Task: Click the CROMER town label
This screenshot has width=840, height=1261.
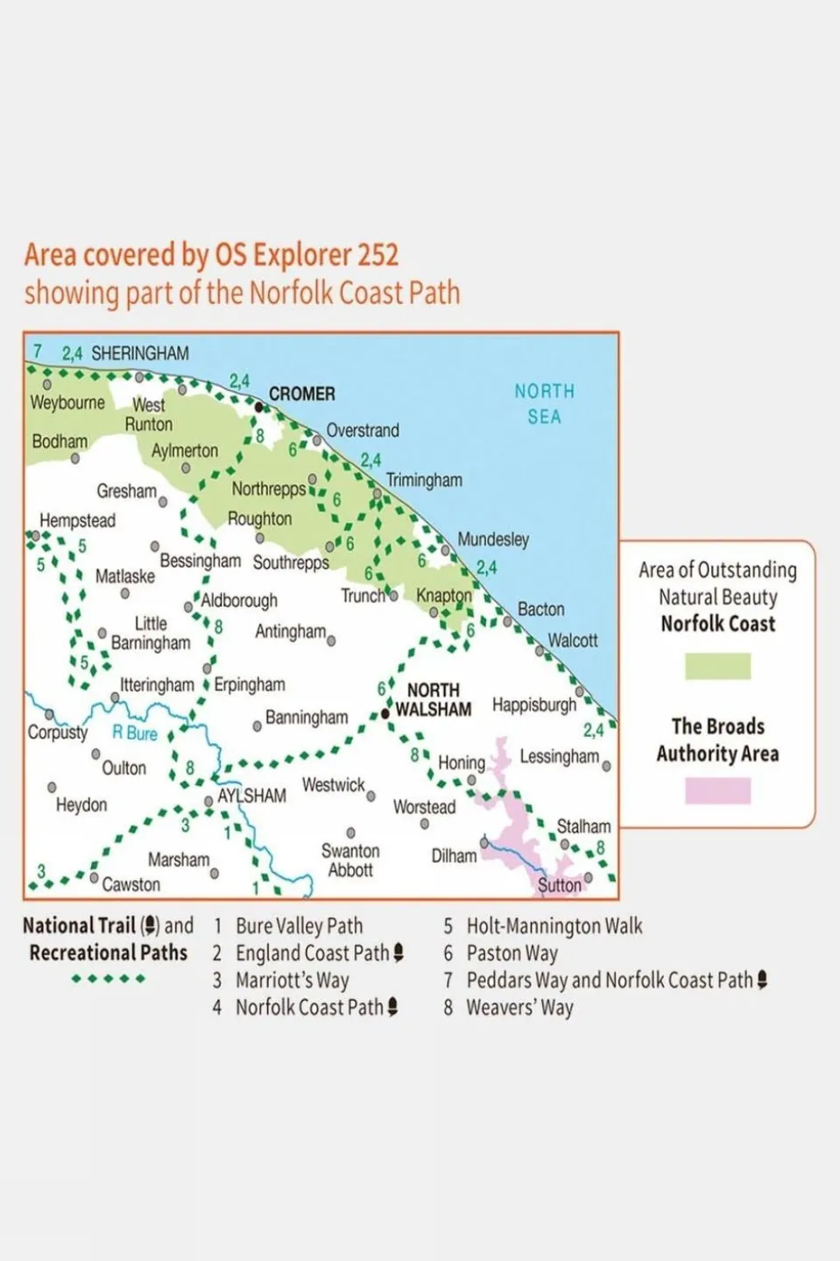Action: (x=301, y=394)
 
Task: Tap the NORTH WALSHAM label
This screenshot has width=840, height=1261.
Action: (x=434, y=700)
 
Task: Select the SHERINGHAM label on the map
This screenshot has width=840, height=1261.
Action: (x=139, y=354)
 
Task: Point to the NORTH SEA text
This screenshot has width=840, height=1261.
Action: (x=544, y=404)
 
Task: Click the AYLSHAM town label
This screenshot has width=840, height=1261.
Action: (x=251, y=796)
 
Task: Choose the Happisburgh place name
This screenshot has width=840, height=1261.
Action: (x=534, y=705)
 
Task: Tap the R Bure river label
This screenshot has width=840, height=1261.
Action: (x=135, y=733)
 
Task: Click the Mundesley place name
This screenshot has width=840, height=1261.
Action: (x=493, y=540)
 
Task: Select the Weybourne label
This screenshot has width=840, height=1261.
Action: (x=67, y=403)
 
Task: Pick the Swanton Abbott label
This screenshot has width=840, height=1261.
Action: (x=350, y=861)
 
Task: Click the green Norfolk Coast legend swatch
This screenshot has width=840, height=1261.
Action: (x=717, y=666)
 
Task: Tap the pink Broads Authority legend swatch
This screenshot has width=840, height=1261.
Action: (x=717, y=790)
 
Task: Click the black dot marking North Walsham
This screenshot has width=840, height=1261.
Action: (x=385, y=714)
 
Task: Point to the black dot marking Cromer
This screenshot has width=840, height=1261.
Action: (x=258, y=407)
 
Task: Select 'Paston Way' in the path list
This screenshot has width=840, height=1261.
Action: (x=512, y=953)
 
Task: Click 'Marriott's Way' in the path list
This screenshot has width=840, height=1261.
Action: (x=292, y=981)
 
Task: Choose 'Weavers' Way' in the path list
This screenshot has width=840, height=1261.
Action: (x=519, y=1008)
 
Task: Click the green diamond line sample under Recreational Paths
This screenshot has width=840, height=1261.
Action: (x=109, y=979)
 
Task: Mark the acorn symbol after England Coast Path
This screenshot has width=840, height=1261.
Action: (x=399, y=953)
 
